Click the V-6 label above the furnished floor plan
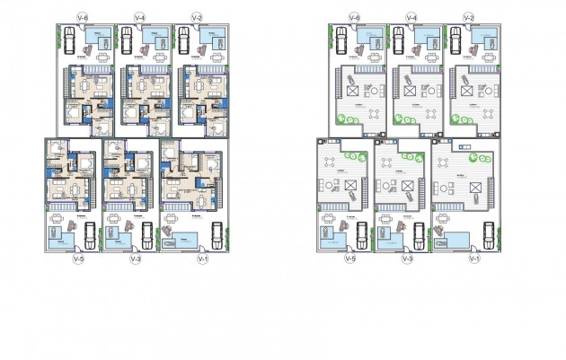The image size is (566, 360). click(x=83, y=17)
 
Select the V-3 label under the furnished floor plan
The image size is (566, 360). click(x=136, y=259)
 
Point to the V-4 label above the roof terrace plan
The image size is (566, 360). click(x=411, y=17)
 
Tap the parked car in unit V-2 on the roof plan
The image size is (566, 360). click(x=457, y=39)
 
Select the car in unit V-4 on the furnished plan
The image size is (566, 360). click(x=127, y=39)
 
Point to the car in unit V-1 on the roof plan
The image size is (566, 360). click(x=484, y=235)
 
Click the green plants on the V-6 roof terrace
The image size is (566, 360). click(x=342, y=119)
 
